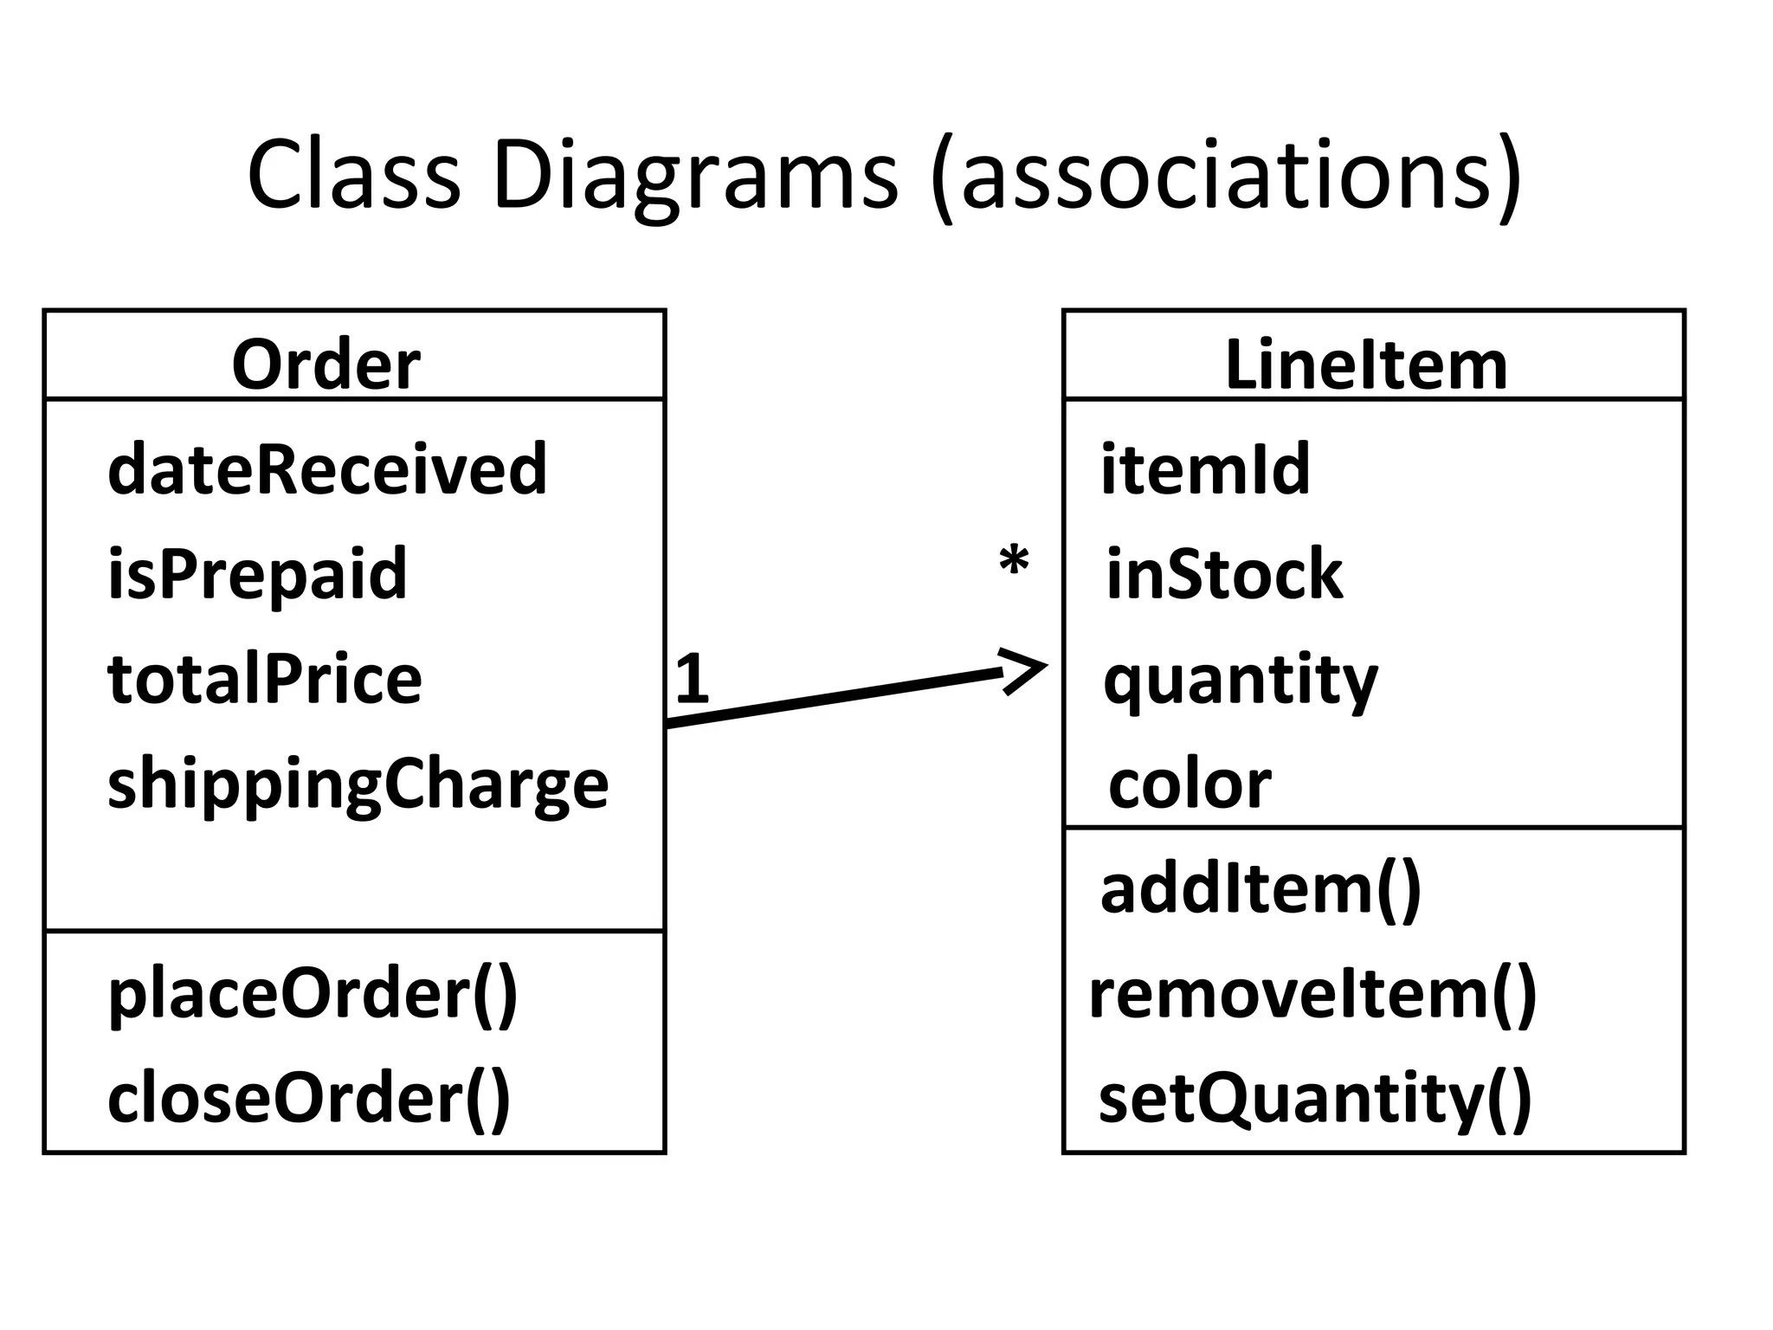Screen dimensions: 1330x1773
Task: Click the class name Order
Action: (326, 365)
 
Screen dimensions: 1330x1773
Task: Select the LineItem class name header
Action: (1366, 365)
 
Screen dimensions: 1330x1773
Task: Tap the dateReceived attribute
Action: (327, 468)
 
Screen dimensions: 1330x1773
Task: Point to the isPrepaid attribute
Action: (257, 574)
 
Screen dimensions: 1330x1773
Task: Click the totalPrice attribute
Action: (265, 679)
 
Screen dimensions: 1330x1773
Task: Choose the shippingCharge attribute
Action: (358, 784)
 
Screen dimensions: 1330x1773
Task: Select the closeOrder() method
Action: (309, 1098)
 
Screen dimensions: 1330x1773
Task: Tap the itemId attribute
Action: (1205, 468)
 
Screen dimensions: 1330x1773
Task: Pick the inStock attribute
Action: (1224, 574)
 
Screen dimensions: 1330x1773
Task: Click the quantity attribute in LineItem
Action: (1240, 681)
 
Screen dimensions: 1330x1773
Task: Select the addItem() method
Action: (1260, 890)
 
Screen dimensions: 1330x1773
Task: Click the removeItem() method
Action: (1312, 995)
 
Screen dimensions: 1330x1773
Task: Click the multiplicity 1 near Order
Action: (692, 679)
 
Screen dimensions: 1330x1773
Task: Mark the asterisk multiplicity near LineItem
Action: (1014, 563)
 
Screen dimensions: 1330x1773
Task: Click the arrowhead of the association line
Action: (1027, 669)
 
